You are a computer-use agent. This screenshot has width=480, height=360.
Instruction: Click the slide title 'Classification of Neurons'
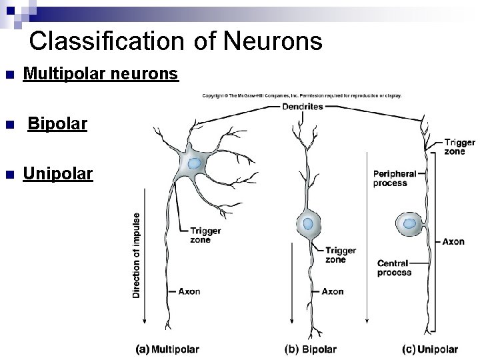click(176, 41)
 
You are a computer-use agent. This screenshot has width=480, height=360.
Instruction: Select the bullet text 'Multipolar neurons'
click(101, 73)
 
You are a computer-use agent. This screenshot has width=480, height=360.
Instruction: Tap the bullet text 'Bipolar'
click(57, 124)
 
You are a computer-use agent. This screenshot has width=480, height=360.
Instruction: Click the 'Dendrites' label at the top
click(303, 106)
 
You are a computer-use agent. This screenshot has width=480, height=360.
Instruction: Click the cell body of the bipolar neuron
click(308, 225)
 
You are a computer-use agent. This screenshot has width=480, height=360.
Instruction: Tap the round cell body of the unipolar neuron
click(409, 224)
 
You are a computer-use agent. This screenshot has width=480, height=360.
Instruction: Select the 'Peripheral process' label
click(395, 178)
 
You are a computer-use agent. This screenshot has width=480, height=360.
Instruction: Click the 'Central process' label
click(394, 267)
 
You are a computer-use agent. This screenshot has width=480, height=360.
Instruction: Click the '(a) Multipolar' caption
click(167, 349)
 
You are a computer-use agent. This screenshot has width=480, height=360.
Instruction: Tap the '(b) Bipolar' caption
click(311, 349)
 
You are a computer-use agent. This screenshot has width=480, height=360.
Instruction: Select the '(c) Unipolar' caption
click(430, 349)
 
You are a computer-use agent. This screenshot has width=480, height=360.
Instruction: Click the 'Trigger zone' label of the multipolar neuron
click(205, 235)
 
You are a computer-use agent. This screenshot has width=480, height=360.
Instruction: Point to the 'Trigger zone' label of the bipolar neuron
click(341, 255)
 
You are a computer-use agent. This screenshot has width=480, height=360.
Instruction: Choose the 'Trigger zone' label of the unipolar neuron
click(459, 147)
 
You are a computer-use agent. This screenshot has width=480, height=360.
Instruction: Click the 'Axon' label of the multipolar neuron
click(189, 291)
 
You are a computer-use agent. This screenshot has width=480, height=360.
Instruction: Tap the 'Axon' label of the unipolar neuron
click(453, 241)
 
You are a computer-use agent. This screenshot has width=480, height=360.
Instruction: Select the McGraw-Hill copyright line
click(302, 96)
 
